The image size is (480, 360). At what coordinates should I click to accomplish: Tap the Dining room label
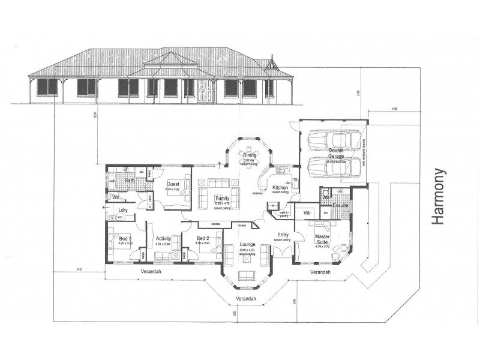pyautogui.click(x=250, y=155)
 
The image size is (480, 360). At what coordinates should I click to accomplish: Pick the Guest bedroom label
pyautogui.click(x=173, y=184)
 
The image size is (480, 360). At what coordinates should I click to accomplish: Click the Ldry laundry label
pyautogui.click(x=124, y=209)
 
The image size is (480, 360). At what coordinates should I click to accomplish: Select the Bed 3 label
pyautogui.click(x=125, y=238)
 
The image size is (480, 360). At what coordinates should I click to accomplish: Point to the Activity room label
pyautogui.click(x=163, y=238)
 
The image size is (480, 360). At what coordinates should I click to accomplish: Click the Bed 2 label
pyautogui.click(x=203, y=238)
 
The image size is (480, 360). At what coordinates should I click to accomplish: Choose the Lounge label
pyautogui.click(x=246, y=245)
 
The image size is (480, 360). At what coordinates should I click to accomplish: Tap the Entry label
pyautogui.click(x=283, y=235)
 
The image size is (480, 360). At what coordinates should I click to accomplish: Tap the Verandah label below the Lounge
pyautogui.click(x=246, y=299)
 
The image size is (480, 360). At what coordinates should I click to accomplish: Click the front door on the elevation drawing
pyautogui.click(x=205, y=89)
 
